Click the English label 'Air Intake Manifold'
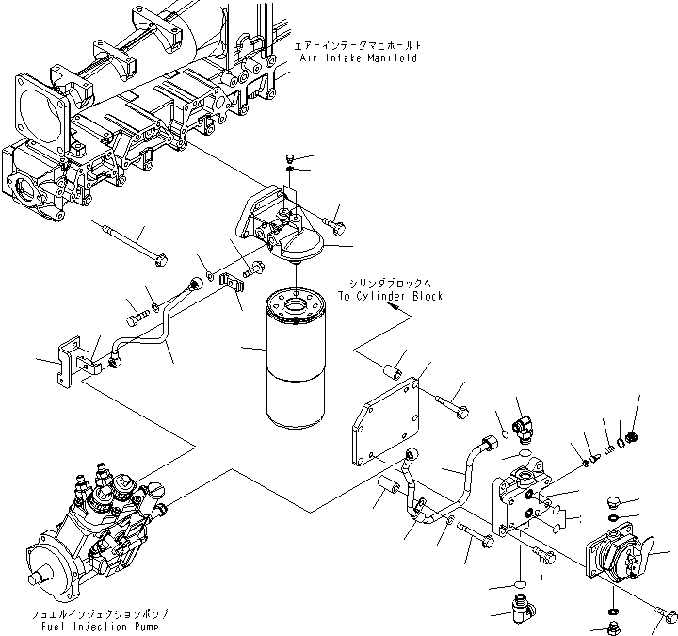pyautogui.click(x=360, y=57)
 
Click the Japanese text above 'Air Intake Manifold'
pyautogui.click(x=360, y=45)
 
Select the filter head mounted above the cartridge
pyautogui.click(x=282, y=231)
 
